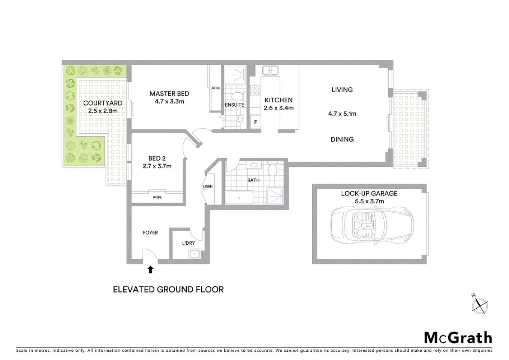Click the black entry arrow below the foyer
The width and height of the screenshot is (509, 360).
point(150,269)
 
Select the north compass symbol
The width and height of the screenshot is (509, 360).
point(479,304)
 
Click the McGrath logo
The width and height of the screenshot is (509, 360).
point(458,337)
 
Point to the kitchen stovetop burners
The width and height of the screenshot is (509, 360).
point(255,90)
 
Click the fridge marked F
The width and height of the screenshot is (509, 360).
point(256,122)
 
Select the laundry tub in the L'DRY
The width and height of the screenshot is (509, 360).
point(195,254)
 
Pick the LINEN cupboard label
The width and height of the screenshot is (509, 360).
point(208,186)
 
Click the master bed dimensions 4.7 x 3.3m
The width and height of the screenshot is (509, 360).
point(169,102)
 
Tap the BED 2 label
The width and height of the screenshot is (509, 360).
point(157,158)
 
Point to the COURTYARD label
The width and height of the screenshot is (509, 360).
point(103,103)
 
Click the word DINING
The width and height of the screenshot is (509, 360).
point(342,139)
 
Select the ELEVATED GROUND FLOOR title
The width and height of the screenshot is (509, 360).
point(168,289)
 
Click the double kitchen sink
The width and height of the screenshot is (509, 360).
point(270,70)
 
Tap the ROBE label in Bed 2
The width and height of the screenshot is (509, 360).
point(157,197)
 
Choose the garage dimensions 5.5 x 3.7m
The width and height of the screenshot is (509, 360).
point(369,201)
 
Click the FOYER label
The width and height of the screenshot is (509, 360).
point(150,232)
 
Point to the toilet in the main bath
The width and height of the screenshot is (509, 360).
point(272,170)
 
